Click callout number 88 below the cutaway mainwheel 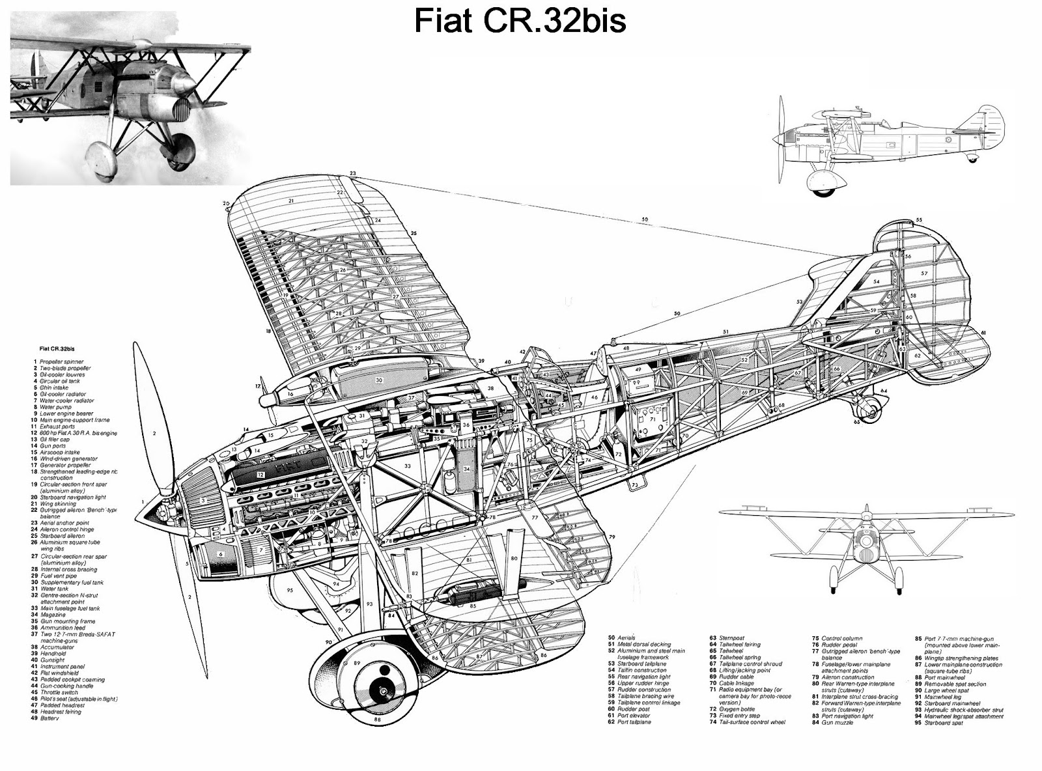(377, 720)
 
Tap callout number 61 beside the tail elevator (983, 333)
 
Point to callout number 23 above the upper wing (352, 173)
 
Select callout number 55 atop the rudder (918, 220)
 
